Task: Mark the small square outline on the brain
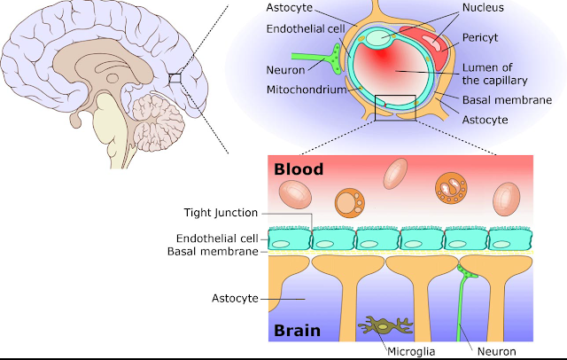click(175, 79)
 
